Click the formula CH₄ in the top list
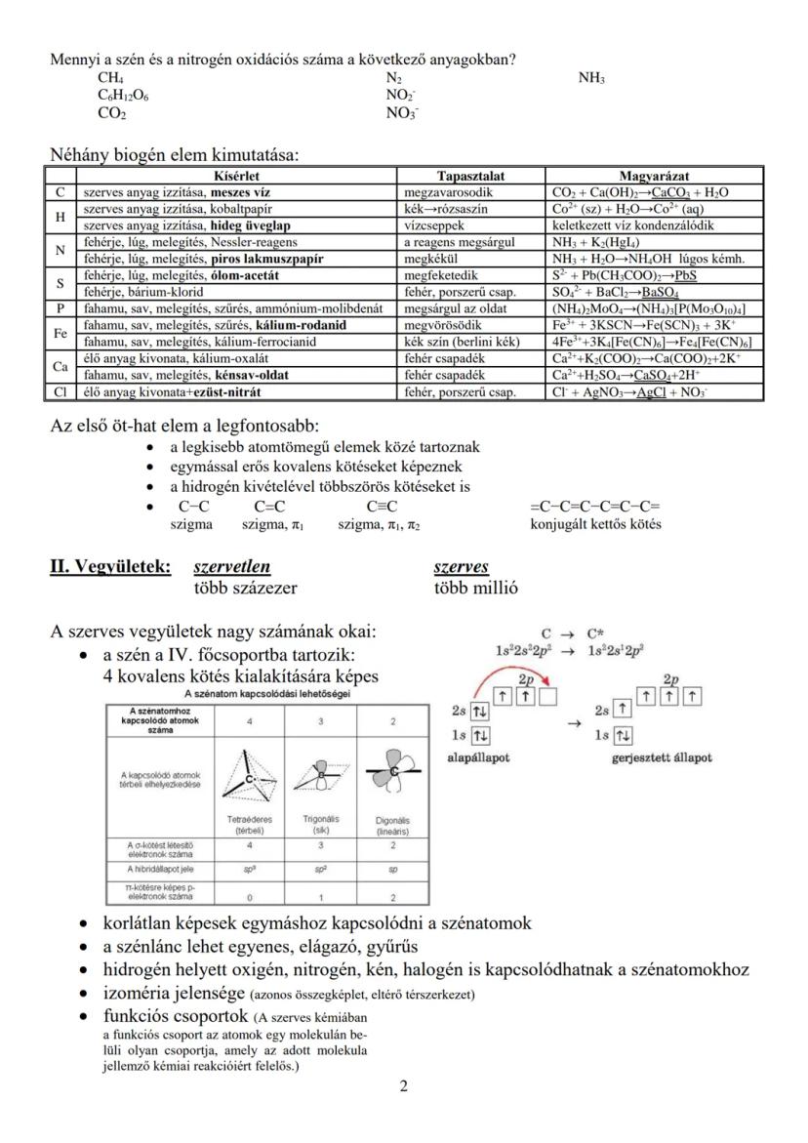click(110, 78)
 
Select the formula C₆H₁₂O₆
click(123, 96)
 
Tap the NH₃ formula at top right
click(591, 78)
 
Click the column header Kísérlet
click(237, 176)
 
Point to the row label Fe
click(61, 333)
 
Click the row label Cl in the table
click(61, 392)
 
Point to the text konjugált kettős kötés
click(595, 524)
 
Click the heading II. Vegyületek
click(110, 567)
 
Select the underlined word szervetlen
click(232, 567)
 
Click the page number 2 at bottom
click(404, 1087)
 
